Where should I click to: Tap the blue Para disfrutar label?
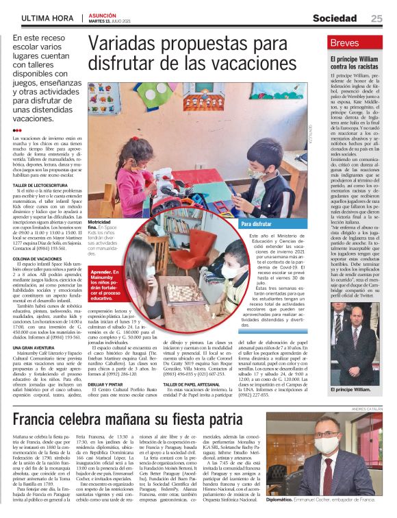point(257,224)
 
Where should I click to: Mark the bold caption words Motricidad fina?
point(100,225)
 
